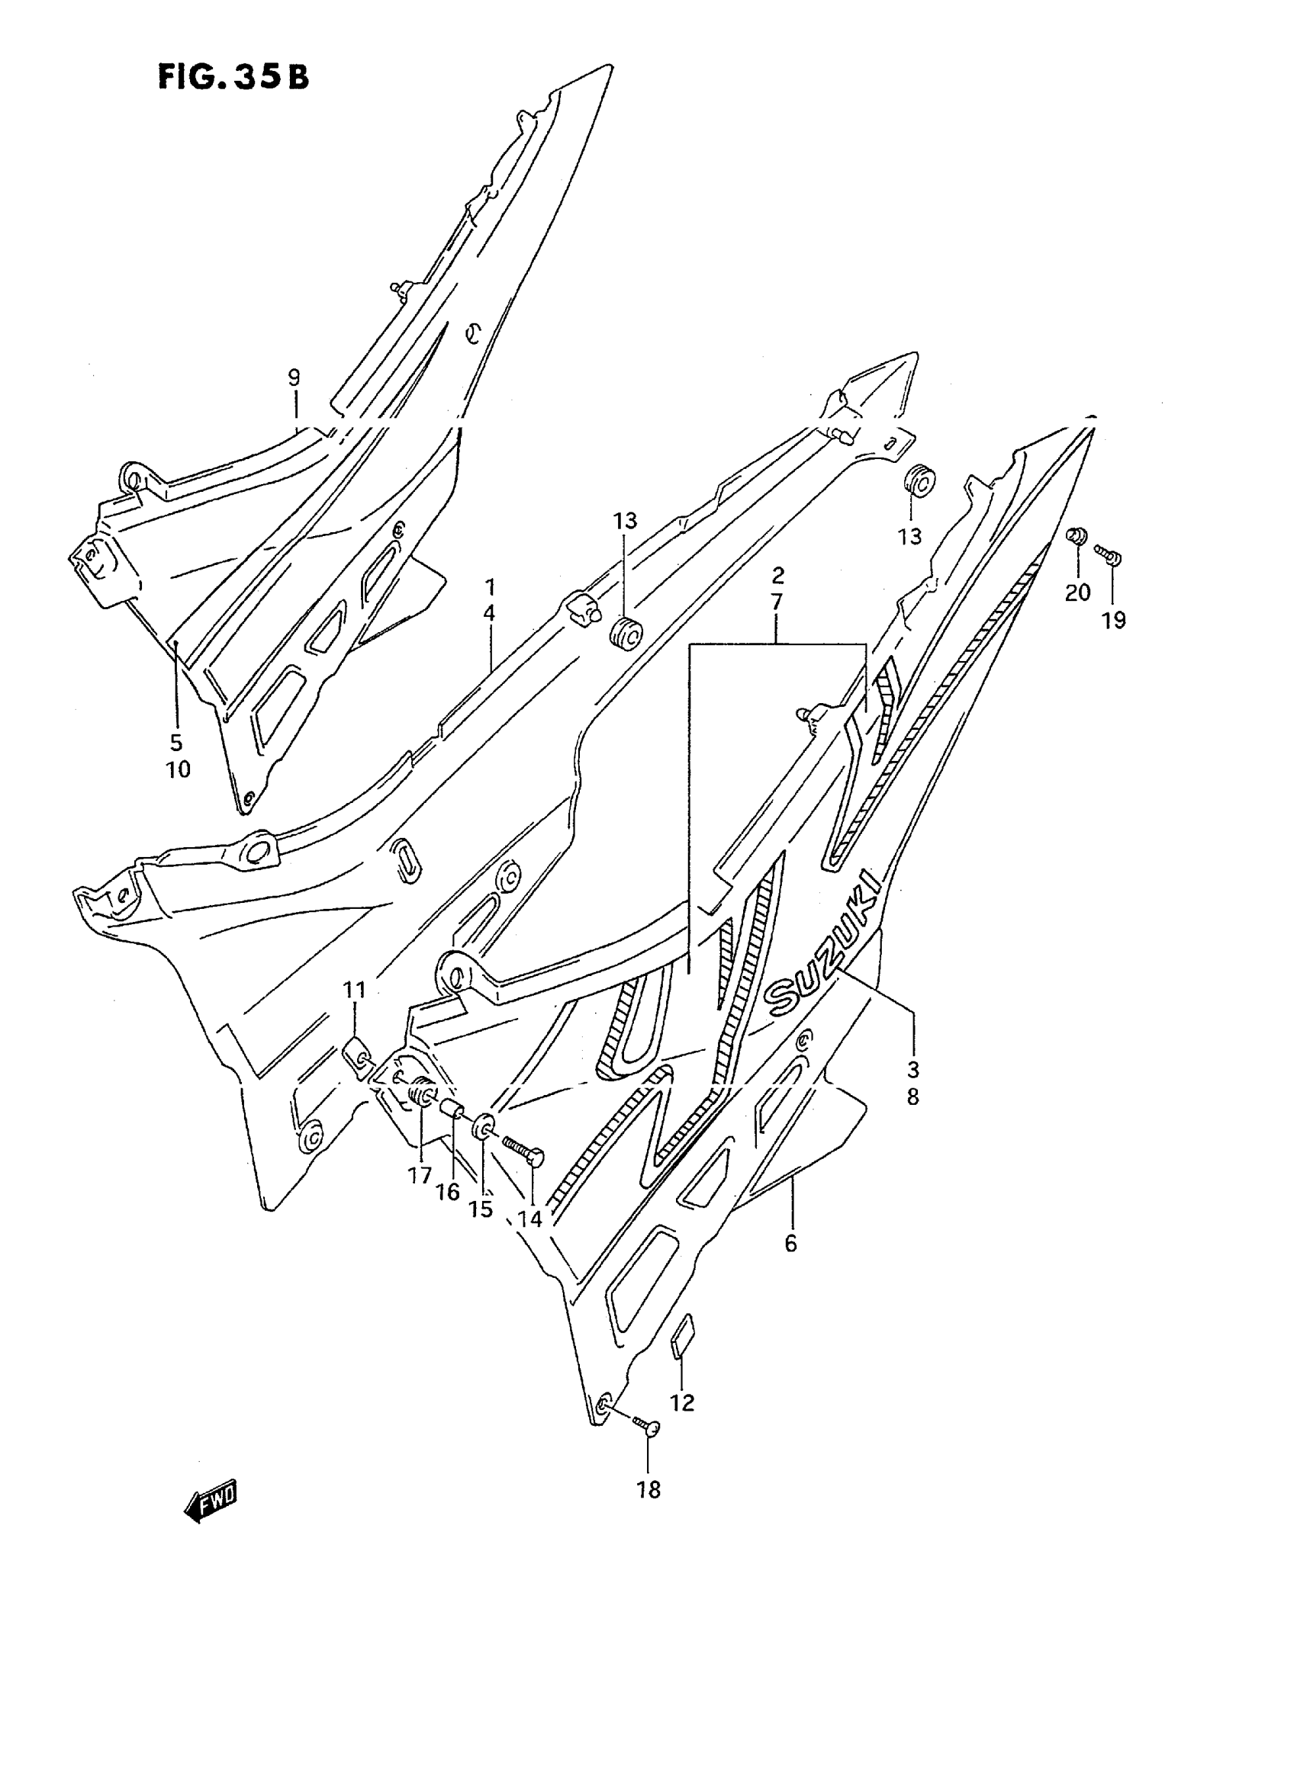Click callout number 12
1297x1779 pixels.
click(x=682, y=1402)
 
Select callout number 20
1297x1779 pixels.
click(x=1078, y=592)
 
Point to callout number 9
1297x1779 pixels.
click(x=294, y=377)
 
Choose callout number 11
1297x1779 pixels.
click(x=355, y=991)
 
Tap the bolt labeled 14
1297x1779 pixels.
click(x=523, y=1154)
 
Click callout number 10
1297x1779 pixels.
click(x=179, y=769)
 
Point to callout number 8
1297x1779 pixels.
click(x=912, y=1097)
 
